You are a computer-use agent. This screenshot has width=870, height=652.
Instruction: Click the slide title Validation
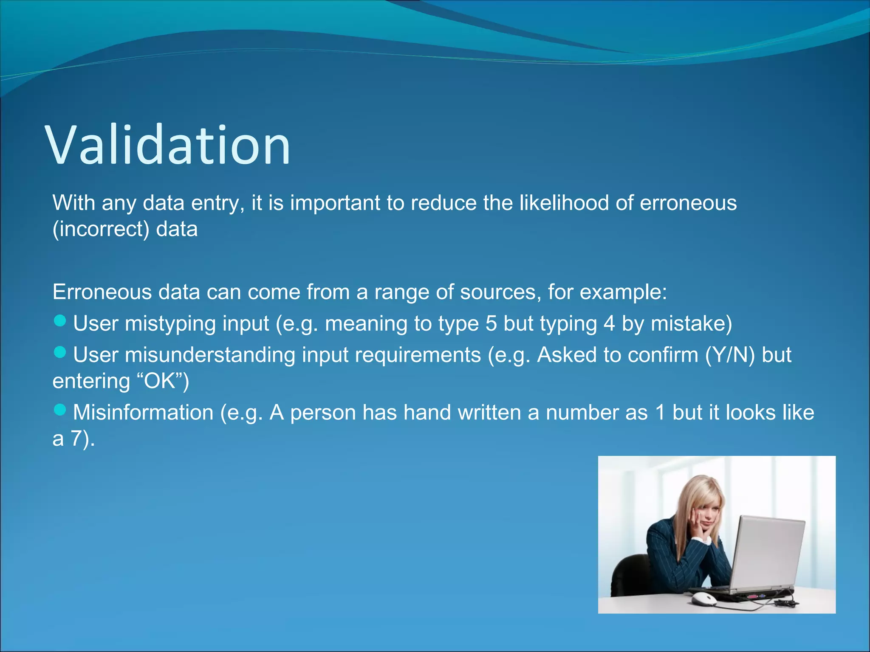167,146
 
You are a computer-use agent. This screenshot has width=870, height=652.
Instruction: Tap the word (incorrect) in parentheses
101,230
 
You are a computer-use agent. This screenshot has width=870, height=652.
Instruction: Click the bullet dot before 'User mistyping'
60,321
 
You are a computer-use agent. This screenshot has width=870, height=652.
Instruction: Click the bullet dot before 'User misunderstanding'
60,352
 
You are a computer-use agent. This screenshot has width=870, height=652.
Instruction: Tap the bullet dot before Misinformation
60,410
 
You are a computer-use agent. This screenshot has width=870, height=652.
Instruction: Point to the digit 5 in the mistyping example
491,323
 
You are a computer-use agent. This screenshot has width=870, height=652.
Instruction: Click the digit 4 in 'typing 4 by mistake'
609,323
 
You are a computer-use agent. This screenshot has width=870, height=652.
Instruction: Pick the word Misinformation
143,413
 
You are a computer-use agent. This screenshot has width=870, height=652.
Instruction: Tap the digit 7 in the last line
76,439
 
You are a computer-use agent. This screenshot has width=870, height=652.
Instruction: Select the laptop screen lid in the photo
769,552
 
